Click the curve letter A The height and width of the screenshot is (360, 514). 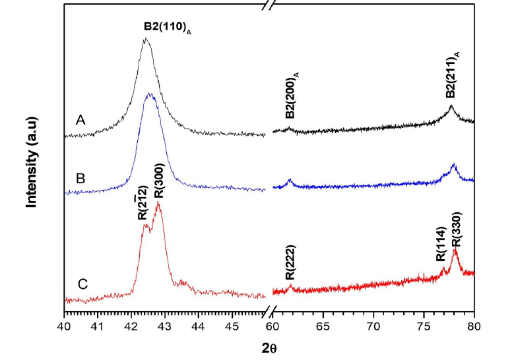80,120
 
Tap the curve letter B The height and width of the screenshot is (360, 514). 80,178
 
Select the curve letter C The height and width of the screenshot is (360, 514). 82,285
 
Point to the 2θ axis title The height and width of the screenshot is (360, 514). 268,347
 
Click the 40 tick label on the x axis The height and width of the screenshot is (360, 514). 64,326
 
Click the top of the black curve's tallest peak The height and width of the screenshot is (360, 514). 146,38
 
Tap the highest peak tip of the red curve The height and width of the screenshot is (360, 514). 158,203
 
